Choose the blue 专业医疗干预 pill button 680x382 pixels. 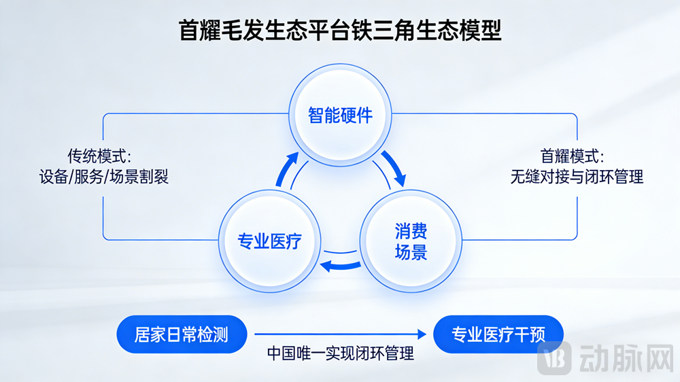pos(498,334)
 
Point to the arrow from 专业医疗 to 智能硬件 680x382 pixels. pos(288,169)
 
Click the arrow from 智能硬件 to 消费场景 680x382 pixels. pos(394,168)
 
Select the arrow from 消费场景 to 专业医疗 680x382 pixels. pos(341,264)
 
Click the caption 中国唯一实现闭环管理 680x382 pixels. pos(340,353)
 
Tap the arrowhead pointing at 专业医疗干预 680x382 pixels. pos(424,334)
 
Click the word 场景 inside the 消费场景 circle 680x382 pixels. pos(411,253)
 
